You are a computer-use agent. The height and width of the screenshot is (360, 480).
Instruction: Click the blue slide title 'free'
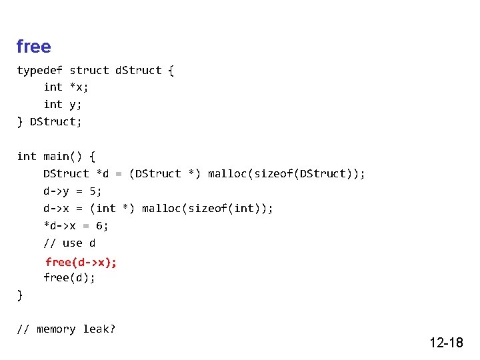pyautogui.click(x=33, y=47)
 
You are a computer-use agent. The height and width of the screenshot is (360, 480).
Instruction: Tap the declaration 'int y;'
pyautogui.click(x=63, y=104)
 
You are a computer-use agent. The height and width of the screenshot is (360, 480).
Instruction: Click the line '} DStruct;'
pyautogui.click(x=49, y=121)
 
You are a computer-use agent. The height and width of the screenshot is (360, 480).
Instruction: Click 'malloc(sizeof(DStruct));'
pyautogui.click(x=286, y=173)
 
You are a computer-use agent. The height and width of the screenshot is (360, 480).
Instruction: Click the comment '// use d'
pyautogui.click(x=69, y=243)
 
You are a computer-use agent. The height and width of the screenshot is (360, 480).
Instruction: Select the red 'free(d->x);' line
pyautogui.click(x=81, y=261)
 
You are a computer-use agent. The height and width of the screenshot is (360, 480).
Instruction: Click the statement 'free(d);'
pyautogui.click(x=69, y=277)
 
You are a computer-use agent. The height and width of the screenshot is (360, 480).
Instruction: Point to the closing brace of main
pyautogui.click(x=20, y=295)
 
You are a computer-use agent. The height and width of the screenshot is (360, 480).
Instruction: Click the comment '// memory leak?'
pyautogui.click(x=66, y=329)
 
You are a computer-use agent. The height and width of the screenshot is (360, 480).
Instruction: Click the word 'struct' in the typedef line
pyautogui.click(x=89, y=70)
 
